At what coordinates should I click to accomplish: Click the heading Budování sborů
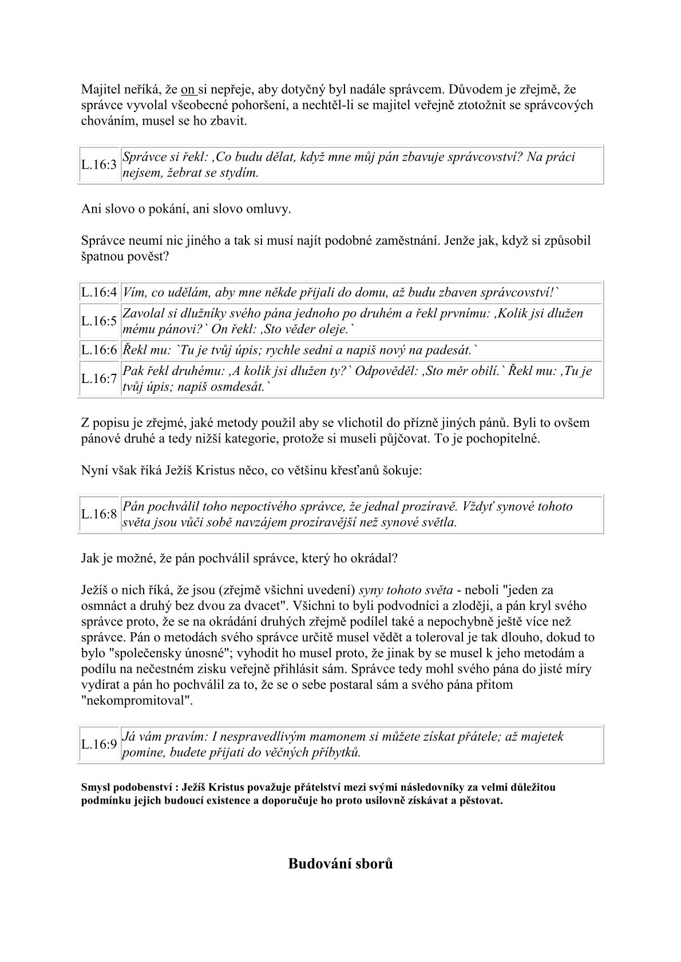tap(340, 863)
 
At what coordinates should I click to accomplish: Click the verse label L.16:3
tap(98, 165)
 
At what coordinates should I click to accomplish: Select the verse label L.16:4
tap(98, 293)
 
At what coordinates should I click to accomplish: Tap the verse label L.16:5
tap(98, 321)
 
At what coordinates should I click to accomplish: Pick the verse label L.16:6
tap(98, 350)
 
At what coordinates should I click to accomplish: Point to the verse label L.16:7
tap(98, 378)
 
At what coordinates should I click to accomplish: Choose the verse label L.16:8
tap(98, 514)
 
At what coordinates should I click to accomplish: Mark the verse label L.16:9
tap(98, 744)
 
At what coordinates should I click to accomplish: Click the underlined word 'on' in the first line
tap(188, 90)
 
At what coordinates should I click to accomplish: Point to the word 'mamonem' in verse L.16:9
tap(323, 736)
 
